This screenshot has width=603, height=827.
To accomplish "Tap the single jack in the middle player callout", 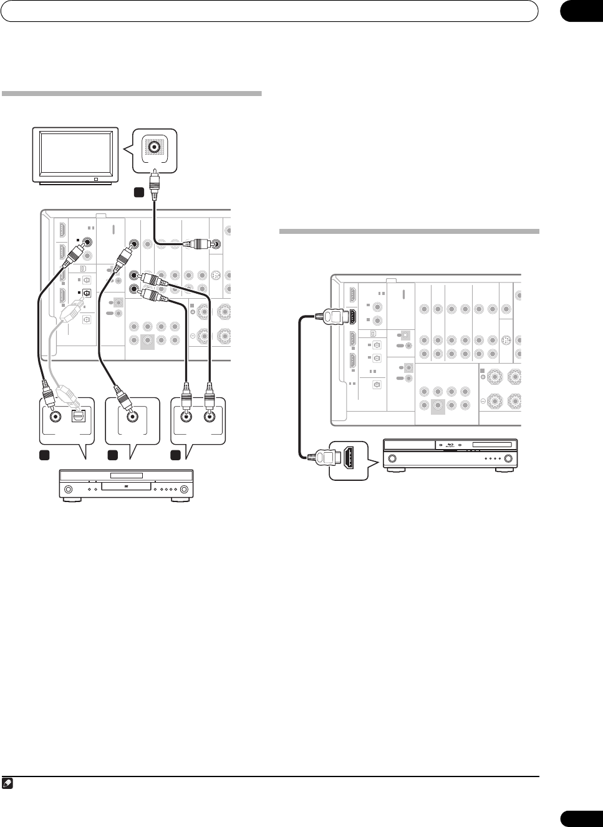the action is [132, 417].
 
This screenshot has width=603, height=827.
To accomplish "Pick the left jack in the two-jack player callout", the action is [185, 417].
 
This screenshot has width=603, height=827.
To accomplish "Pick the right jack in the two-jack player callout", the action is [210, 417].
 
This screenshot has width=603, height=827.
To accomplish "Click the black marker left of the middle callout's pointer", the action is [112, 455].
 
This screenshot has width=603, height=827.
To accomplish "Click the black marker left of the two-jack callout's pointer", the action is [177, 455].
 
